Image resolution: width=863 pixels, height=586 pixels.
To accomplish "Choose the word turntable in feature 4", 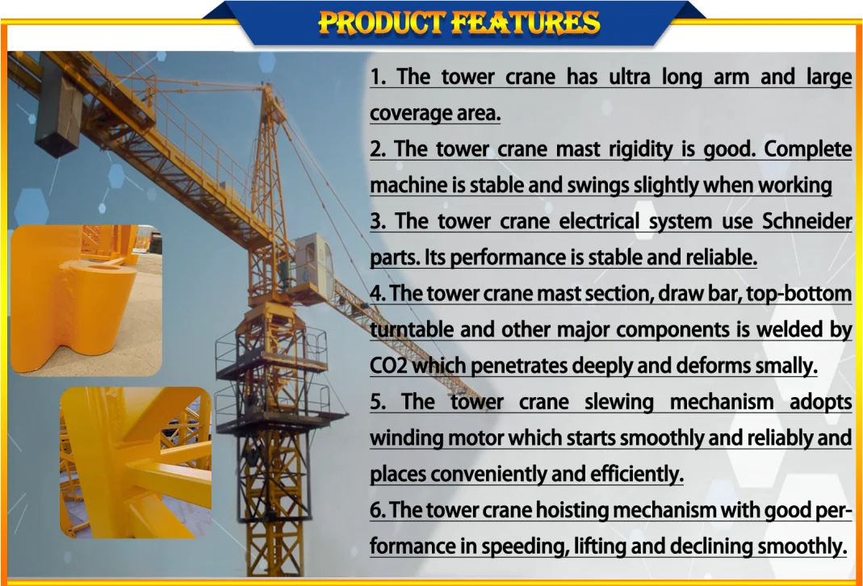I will coord(410,329).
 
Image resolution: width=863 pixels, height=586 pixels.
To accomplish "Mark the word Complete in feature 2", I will coord(808,149).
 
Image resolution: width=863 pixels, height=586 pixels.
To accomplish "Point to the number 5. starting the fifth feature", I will coord(379,402).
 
